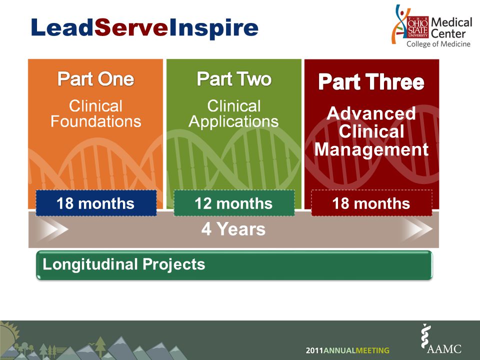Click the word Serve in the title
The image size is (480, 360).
point(131,28)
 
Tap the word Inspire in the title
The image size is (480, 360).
point(213,29)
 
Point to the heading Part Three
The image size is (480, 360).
point(371,81)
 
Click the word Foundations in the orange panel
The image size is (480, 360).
point(96,121)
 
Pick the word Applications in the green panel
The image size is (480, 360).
point(233,122)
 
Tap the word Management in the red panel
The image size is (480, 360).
point(371,150)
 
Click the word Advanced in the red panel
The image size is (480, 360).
point(371,113)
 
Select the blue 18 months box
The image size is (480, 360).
point(96,203)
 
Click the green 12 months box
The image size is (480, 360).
point(234,203)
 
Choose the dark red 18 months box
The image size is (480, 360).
point(371,203)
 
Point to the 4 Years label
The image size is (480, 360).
point(233,229)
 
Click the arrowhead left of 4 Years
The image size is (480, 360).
point(52,229)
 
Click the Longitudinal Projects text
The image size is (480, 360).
point(123,264)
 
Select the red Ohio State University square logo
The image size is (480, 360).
point(417,27)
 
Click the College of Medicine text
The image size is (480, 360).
point(438,44)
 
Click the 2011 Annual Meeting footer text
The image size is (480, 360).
point(347,350)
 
